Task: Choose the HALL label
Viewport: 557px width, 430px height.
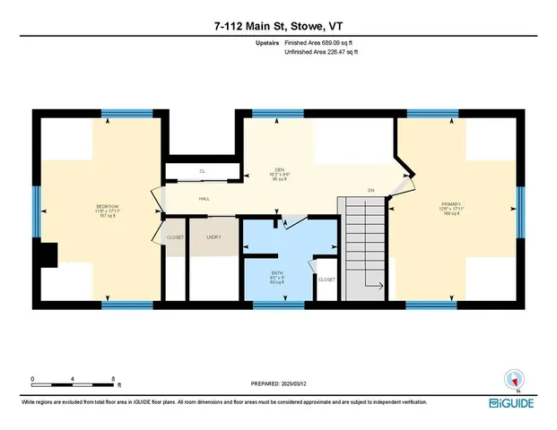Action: (204, 199)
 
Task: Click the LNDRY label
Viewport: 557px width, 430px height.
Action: (213, 236)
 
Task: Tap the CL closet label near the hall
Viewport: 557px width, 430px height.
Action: (203, 170)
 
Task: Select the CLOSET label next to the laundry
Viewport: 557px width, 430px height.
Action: (175, 236)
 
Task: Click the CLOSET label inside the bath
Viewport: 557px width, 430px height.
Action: (326, 279)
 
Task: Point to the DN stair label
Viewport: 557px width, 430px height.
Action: (370, 190)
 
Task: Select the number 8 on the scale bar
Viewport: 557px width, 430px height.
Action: (111, 379)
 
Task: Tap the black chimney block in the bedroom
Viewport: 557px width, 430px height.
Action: (47, 255)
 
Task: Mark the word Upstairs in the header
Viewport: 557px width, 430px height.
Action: (268, 42)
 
